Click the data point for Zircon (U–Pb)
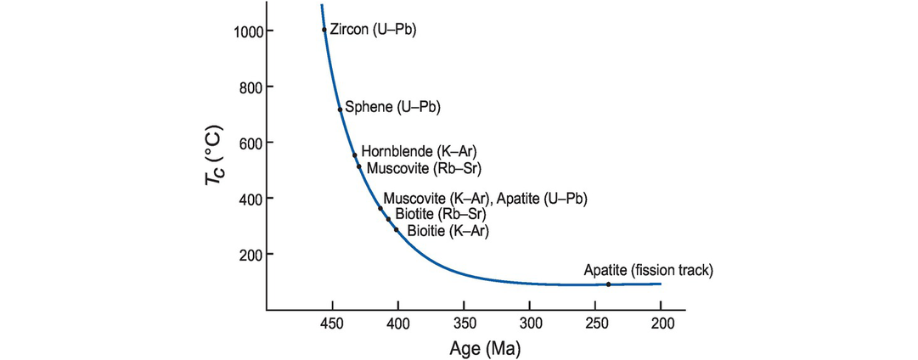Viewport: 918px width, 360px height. click(324, 30)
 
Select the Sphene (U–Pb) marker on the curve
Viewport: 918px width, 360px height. click(340, 109)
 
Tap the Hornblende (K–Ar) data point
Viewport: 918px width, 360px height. click(355, 155)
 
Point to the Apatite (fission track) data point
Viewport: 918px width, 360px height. click(608, 284)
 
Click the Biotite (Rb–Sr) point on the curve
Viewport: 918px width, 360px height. click(388, 219)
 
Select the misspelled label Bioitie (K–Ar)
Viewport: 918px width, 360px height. click(448, 230)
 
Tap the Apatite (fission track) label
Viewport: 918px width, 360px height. click(648, 270)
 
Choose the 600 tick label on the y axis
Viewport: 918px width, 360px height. click(251, 143)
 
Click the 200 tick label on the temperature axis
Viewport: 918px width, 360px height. click(251, 255)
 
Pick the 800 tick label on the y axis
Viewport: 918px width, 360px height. click(251, 87)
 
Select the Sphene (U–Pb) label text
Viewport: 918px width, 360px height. click(393, 108)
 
